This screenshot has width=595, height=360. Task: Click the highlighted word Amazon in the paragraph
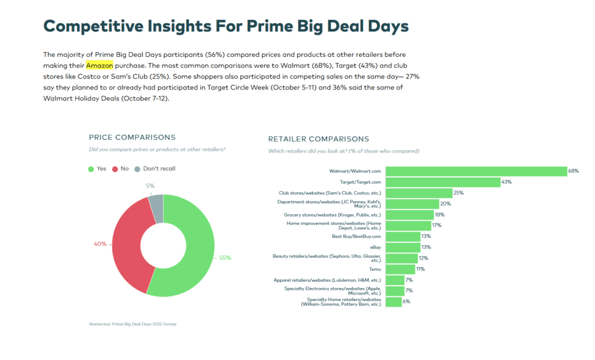coord(99,66)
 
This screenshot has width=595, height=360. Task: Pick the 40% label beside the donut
coord(100,244)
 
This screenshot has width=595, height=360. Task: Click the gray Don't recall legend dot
coord(137,169)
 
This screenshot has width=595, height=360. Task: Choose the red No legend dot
coord(115,169)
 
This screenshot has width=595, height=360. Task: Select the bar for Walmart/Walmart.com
coord(476,171)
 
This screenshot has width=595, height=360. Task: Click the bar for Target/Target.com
coord(443,182)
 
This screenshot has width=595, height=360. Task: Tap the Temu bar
coord(400,269)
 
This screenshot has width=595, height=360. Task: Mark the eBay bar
coord(403,247)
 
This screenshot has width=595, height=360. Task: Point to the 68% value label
coord(574,171)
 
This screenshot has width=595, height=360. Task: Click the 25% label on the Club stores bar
coord(458,193)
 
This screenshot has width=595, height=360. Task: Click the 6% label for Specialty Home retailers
coord(406,302)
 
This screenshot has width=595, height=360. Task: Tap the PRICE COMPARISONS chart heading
coord(132,138)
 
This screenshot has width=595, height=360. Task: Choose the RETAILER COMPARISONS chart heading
coord(318,139)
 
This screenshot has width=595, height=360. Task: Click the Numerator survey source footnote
coord(132,323)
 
